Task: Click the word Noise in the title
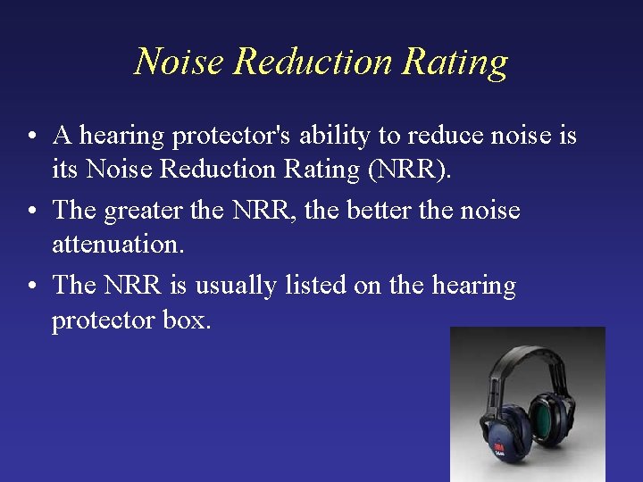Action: pyautogui.click(x=179, y=62)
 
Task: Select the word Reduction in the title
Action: pyautogui.click(x=313, y=62)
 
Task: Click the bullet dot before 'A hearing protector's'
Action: pyautogui.click(x=31, y=137)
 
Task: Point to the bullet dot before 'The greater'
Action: pyautogui.click(x=31, y=212)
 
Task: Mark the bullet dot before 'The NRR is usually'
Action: pyautogui.click(x=31, y=287)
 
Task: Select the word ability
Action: pyautogui.click(x=333, y=137)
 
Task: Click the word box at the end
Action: pyautogui.click(x=188, y=319)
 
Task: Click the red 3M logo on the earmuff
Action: pyautogui.click(x=497, y=443)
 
